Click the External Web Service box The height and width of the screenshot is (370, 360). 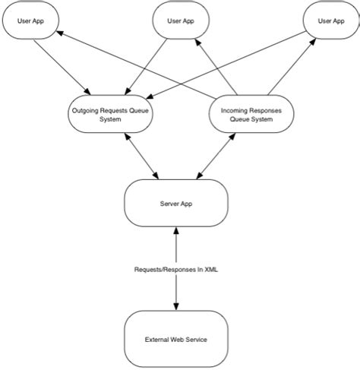[176, 339]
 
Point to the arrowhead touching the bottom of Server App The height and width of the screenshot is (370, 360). [176, 231]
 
